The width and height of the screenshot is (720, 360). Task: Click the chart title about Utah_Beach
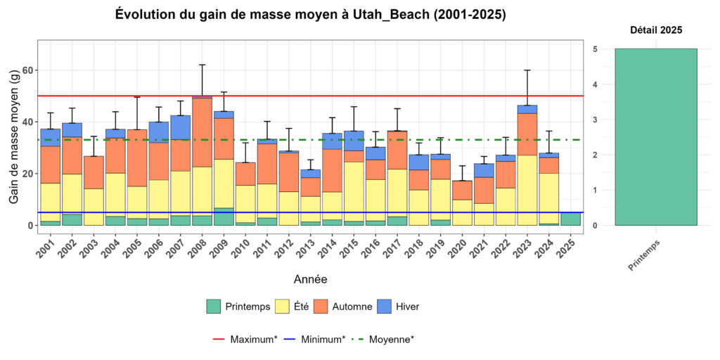tap(310, 14)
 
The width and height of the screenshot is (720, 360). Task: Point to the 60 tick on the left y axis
tap(27, 70)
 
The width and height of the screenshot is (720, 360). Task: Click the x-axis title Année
tap(310, 279)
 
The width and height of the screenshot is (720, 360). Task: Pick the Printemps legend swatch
tap(214, 307)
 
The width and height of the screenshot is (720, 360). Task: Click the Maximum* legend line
tap(219, 339)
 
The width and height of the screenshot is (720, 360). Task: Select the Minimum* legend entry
tap(314, 339)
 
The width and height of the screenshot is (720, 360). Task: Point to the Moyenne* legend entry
tap(382, 339)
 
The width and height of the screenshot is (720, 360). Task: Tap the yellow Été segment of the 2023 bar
tap(527, 190)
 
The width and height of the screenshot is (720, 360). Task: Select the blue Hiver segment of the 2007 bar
tap(180, 127)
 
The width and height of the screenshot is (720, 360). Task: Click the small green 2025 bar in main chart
tap(571, 219)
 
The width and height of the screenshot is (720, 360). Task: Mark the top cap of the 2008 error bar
tap(202, 65)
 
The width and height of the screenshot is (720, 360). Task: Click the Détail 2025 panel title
tap(655, 30)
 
